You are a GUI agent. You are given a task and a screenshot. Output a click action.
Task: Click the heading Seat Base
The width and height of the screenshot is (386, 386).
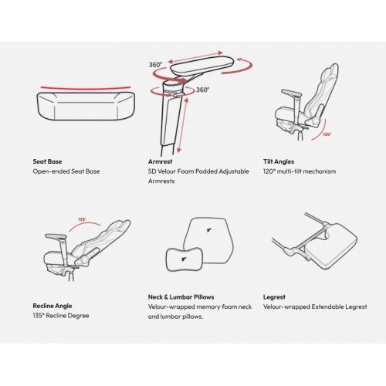tap(47, 161)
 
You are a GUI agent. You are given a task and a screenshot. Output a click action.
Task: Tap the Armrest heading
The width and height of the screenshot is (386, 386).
tap(160, 161)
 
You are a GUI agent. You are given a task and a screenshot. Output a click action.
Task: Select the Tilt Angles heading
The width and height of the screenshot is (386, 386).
tap(279, 161)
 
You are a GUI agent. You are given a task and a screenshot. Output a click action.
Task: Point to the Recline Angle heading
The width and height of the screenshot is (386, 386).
tap(52, 306)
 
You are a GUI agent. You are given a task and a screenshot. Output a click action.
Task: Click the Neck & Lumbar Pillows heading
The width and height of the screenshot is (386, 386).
tap(181, 297)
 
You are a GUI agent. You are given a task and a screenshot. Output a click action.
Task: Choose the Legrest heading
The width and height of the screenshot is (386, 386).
tap(274, 297)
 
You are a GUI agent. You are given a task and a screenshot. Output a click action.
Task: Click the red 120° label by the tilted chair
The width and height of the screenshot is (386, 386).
tap(327, 134)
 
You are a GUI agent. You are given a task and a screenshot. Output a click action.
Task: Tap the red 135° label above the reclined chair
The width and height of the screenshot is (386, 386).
tap(82, 219)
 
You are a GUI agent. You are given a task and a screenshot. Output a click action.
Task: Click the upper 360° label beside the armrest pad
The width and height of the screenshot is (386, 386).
tap(156, 65)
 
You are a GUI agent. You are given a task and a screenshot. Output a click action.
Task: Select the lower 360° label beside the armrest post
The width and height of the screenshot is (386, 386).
tap(203, 90)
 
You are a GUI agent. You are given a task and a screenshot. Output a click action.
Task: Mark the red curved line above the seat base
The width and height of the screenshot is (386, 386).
tap(86, 89)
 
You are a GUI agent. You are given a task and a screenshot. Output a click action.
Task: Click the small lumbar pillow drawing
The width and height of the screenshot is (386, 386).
tap(185, 259)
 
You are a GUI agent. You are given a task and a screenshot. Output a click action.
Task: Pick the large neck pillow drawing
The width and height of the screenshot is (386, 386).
tap(209, 241)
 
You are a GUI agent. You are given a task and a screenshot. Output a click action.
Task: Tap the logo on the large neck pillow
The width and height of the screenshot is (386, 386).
tap(209, 230)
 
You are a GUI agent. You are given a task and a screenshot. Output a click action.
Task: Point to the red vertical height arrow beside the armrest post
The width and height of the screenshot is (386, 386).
tap(183, 125)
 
